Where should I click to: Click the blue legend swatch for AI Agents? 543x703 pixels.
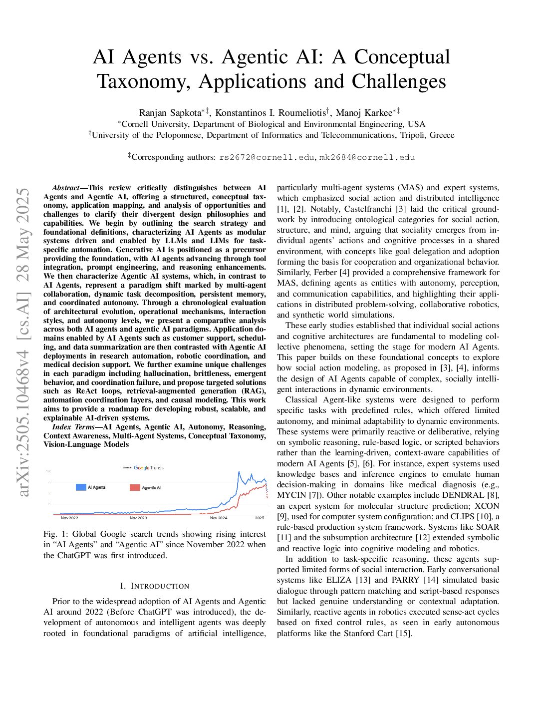[81, 487]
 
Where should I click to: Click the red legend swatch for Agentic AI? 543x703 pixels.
[135, 487]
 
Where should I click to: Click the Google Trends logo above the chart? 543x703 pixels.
[148, 468]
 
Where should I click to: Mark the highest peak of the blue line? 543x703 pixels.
[239, 472]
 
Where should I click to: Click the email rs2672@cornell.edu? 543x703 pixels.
[267, 157]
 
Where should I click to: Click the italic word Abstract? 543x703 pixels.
[65, 188]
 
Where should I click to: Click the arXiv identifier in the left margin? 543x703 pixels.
[23, 342]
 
